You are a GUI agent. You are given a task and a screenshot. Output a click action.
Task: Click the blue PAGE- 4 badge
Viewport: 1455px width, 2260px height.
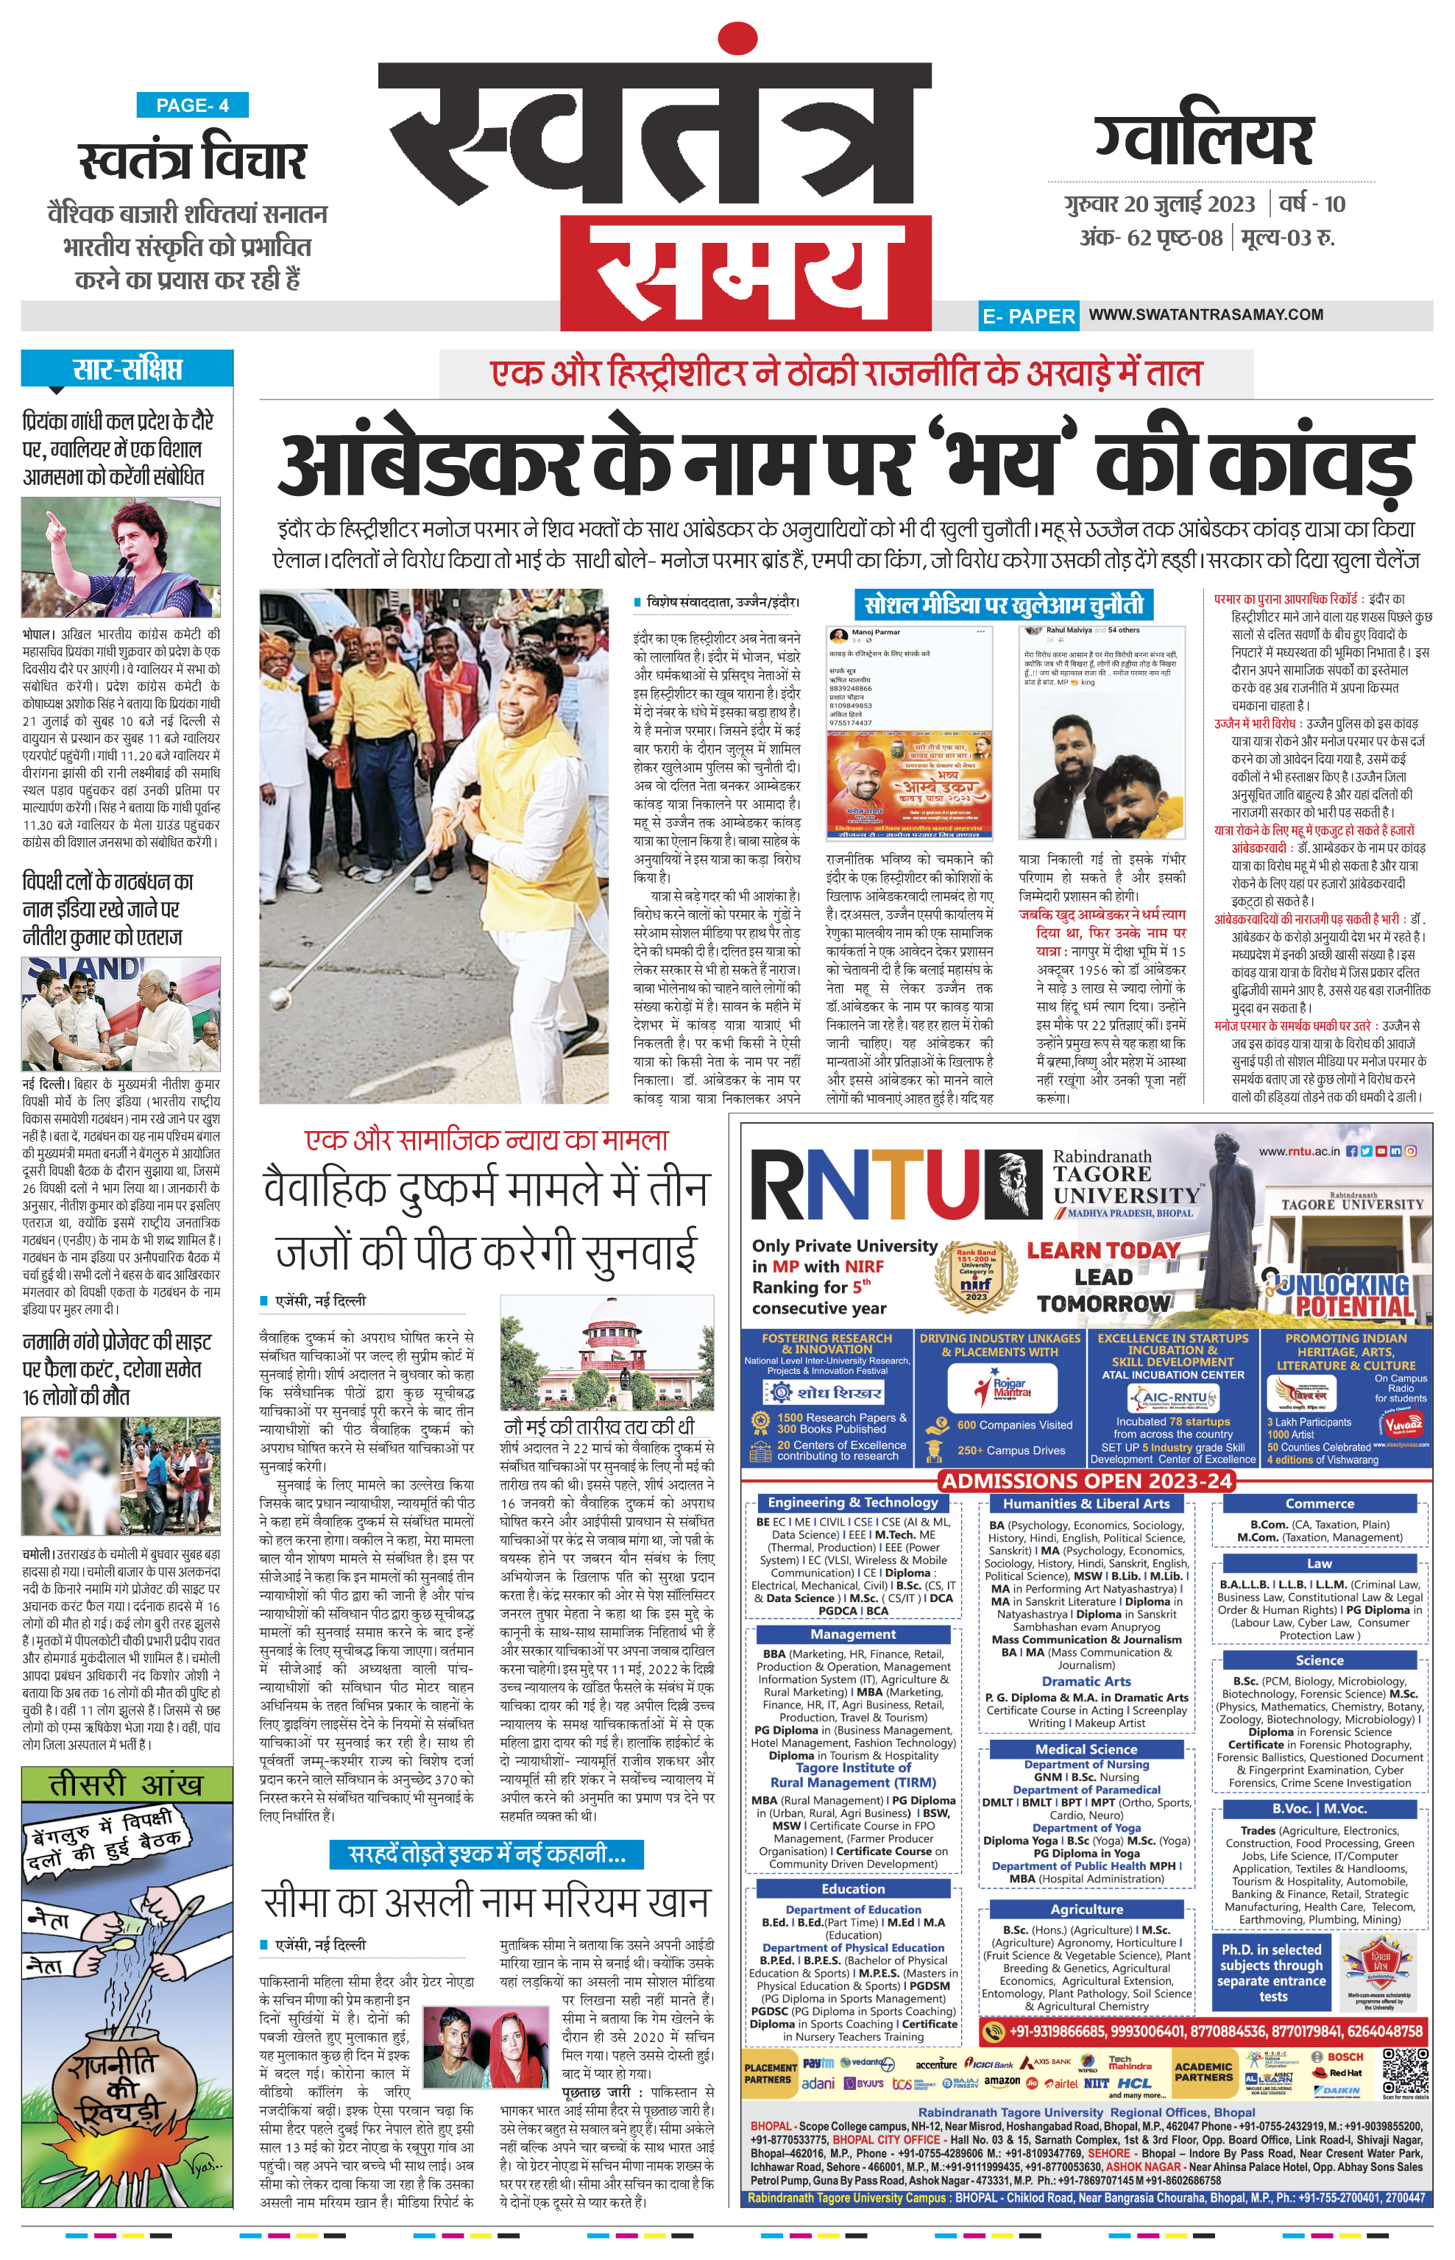(x=193, y=105)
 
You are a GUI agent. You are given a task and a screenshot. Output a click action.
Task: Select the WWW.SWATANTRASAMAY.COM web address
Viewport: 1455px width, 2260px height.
(x=1206, y=314)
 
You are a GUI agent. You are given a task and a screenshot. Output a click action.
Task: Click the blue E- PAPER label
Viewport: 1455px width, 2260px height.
(x=1028, y=316)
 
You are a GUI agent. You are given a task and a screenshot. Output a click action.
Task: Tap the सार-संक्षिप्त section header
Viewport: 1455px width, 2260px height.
(x=127, y=369)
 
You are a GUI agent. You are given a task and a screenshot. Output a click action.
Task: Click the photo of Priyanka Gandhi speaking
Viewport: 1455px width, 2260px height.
(x=121, y=557)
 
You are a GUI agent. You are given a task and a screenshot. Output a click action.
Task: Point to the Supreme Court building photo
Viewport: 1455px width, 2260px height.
(x=606, y=1365)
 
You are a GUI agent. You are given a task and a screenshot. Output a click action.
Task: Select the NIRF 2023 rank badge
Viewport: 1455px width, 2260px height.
(x=975, y=1278)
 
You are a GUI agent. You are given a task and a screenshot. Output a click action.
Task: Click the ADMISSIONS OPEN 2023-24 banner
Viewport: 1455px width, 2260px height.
(x=1086, y=1480)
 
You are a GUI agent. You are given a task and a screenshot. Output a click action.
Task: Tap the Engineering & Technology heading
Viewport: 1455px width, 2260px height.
(x=852, y=1502)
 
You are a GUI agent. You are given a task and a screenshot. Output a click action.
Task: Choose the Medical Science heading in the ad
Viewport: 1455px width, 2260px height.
(x=1086, y=1749)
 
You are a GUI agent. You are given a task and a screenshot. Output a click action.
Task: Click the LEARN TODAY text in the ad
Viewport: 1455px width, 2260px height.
(x=1102, y=1250)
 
